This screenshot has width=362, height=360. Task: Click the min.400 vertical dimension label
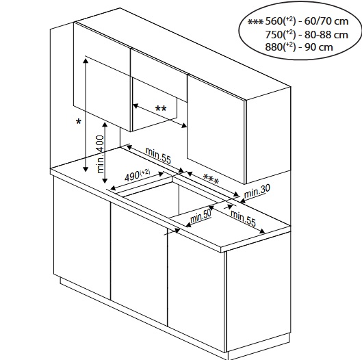101,154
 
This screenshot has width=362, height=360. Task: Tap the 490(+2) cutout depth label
137,175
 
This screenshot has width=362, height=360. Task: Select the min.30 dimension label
257,191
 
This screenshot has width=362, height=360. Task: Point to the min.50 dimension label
201,216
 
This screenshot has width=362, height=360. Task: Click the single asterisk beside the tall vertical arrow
79,121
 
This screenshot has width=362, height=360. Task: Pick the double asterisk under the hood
161,108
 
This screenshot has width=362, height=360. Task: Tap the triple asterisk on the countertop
211,179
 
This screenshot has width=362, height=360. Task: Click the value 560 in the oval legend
274,21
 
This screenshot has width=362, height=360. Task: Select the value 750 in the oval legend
274,35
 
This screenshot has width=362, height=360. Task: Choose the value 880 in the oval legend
274,47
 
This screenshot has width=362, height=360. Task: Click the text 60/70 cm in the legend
326,21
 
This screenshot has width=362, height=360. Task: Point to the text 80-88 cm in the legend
326,35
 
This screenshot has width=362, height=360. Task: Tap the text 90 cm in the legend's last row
319,47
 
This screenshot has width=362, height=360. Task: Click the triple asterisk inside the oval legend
255,22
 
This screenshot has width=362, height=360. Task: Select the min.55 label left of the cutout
158,155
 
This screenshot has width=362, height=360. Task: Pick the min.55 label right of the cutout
243,218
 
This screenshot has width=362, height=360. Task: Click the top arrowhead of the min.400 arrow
105,125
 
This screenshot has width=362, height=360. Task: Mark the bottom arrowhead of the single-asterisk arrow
86,169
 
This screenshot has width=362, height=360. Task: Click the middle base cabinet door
139,263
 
